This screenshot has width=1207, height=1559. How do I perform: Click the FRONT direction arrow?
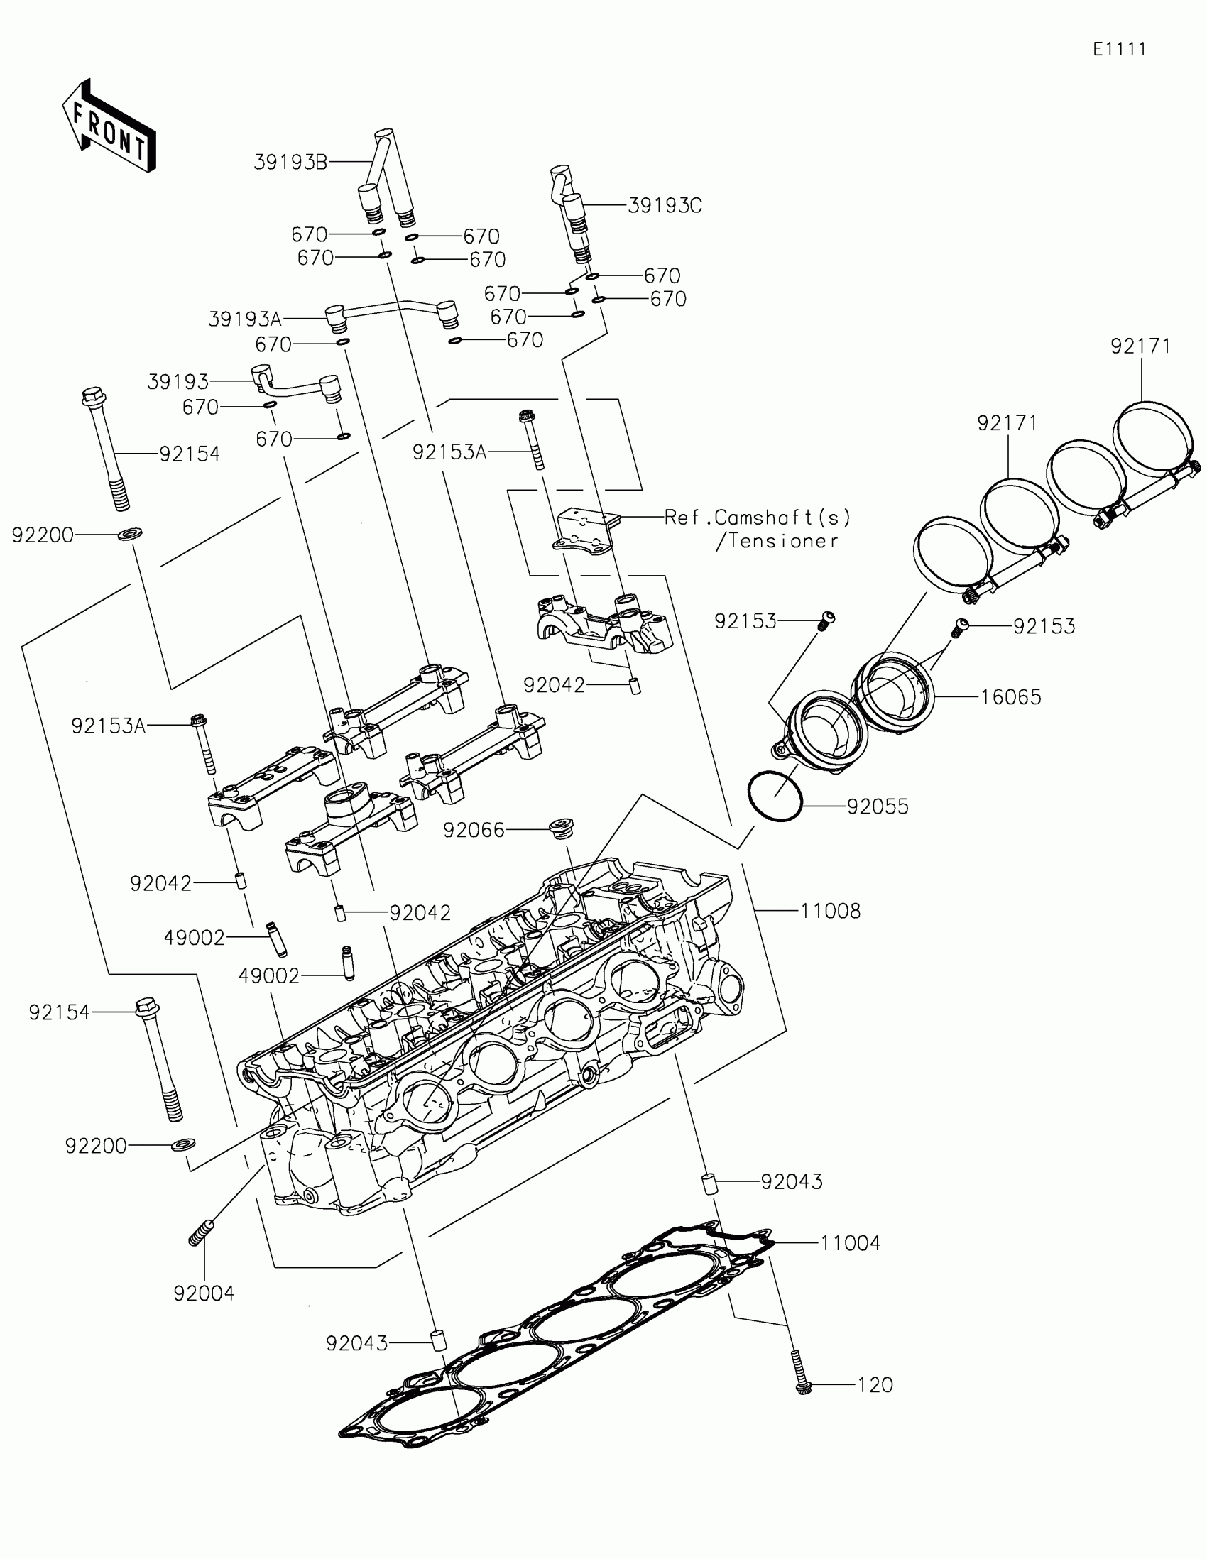point(109,126)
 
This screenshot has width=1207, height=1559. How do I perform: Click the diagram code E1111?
point(1119,49)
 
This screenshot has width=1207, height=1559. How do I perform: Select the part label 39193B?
point(290,163)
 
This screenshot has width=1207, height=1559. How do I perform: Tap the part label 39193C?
point(665,206)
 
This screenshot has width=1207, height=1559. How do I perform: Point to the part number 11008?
point(830,911)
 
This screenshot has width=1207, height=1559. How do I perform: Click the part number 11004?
point(850,1243)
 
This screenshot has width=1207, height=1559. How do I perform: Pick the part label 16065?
point(1011,696)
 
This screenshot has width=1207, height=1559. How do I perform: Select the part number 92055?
point(878,806)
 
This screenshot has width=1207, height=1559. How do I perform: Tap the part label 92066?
point(474,830)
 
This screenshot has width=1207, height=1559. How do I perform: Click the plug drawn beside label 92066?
point(562,830)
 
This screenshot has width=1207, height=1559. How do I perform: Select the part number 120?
point(875,1385)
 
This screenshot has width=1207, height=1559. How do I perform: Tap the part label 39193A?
point(244,319)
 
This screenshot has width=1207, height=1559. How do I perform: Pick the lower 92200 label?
point(96,1146)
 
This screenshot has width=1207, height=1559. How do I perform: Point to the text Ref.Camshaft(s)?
point(758,517)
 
